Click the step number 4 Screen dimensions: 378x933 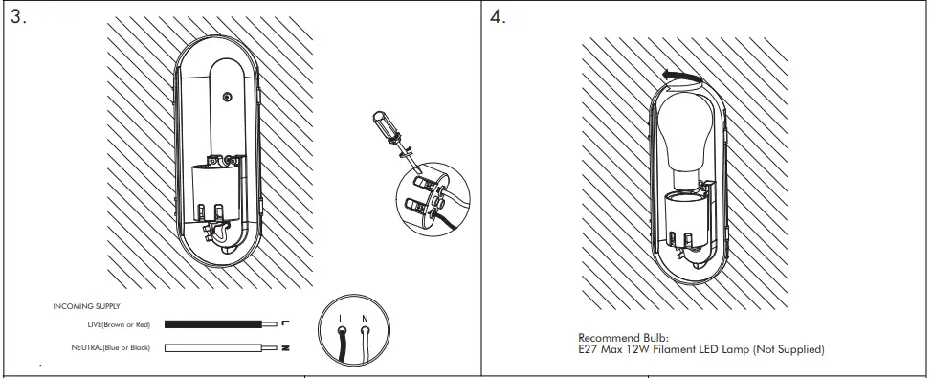coord(498,19)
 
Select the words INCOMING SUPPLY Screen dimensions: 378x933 coord(85,308)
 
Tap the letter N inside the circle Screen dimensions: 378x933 coord(366,315)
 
